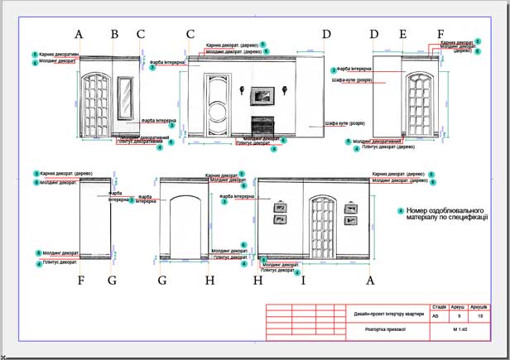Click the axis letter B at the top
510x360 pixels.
(114, 34)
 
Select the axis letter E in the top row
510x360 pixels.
(403, 34)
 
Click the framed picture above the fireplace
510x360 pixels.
(262, 96)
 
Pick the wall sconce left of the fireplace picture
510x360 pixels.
(241, 90)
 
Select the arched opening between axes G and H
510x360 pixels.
(187, 225)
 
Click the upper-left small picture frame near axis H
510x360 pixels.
(279, 206)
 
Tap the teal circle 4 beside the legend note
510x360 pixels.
(401, 210)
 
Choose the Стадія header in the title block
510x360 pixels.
(440, 306)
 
